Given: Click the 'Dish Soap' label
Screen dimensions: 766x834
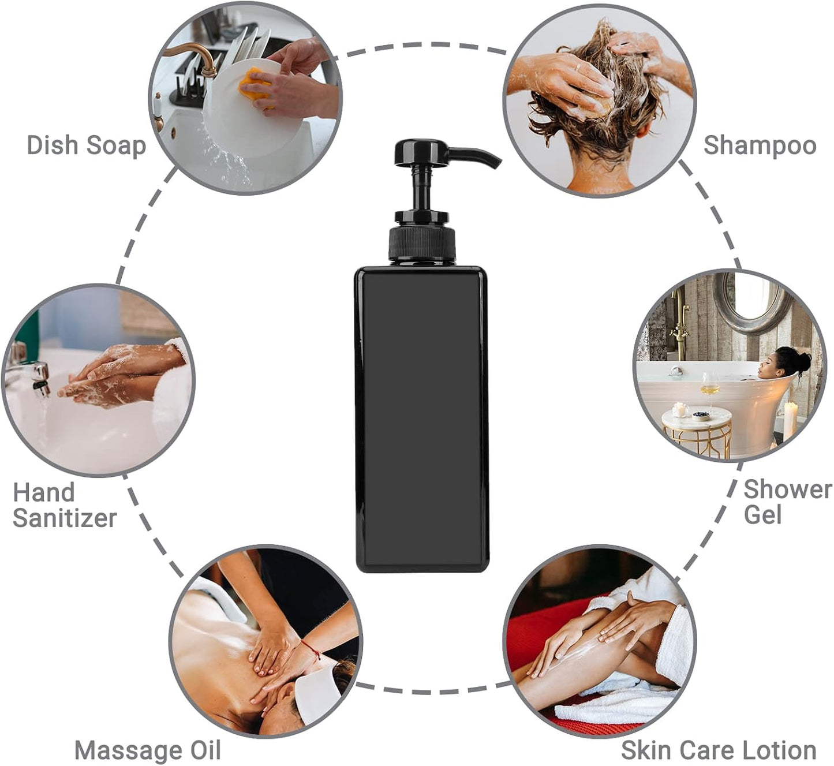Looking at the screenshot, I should click(86, 145).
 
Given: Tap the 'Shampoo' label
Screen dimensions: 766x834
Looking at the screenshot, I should click(759, 145).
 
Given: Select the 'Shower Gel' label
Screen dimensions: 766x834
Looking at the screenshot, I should click(786, 502).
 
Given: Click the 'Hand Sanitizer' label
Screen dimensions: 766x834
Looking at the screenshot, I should click(64, 505).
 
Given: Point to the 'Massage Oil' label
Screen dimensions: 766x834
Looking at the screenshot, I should click(148, 750).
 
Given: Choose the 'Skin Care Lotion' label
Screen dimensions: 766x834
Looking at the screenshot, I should click(718, 750).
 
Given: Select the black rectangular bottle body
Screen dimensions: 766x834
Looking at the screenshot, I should click(422, 419).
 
